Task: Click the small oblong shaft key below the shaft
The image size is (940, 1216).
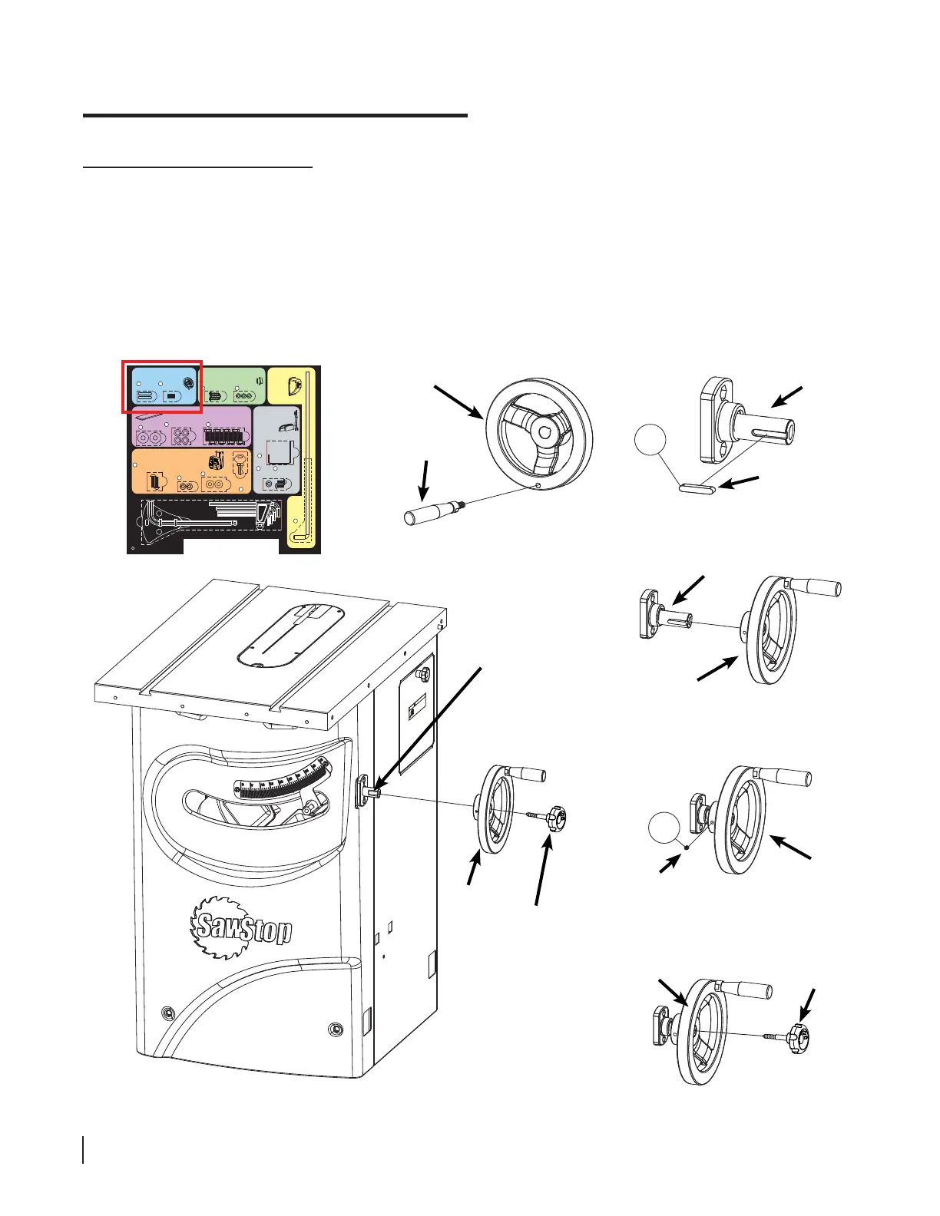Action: pyautogui.click(x=697, y=487)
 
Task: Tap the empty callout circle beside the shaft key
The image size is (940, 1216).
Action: pyautogui.click(x=650, y=444)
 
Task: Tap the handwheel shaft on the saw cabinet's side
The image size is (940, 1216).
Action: pyautogui.click(x=371, y=791)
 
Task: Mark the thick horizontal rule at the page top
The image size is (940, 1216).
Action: pyautogui.click(x=275, y=115)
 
